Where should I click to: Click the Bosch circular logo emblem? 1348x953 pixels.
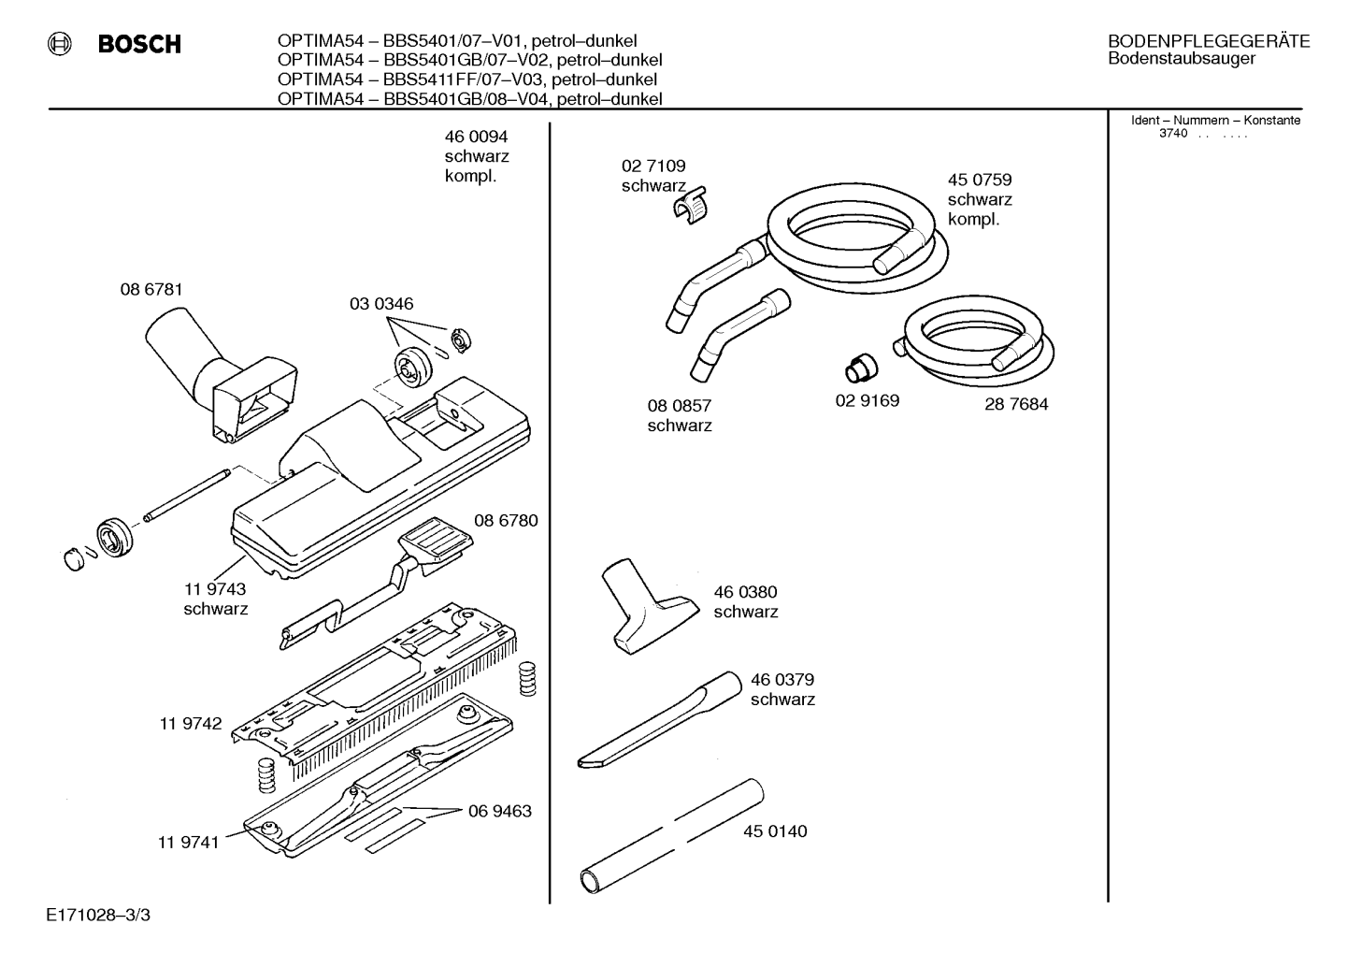point(59,44)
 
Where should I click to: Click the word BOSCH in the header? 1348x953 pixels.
point(139,44)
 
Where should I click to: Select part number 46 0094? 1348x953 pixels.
point(476,137)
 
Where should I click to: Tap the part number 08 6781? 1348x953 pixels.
point(151,290)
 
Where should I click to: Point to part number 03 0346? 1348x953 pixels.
point(381,303)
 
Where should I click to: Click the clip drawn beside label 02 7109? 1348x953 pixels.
point(690,206)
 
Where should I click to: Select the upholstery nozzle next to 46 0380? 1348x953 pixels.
point(649,606)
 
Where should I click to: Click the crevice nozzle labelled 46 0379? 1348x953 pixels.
point(660,720)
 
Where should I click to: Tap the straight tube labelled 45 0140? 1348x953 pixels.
point(671,836)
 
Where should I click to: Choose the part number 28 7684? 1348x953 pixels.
point(1016,404)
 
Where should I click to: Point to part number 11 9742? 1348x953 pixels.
point(190,723)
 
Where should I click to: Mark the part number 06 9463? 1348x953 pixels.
point(499,811)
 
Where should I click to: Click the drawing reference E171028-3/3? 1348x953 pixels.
point(98,915)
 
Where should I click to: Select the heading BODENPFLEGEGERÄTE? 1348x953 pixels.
point(1209,41)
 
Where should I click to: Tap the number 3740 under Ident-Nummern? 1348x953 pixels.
point(1173,134)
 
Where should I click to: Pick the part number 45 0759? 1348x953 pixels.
point(980,180)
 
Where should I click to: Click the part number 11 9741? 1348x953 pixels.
point(188,843)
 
